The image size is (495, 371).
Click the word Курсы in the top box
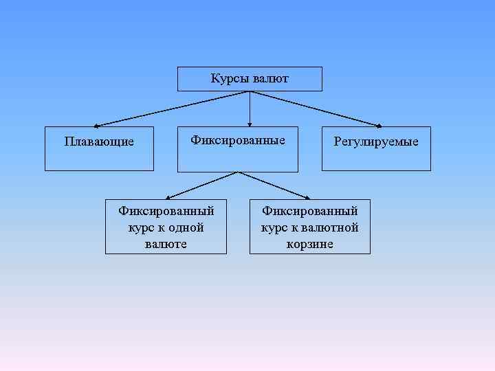pyautogui.click(x=230, y=79)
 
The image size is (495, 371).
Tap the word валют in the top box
pyautogui.click(x=270, y=79)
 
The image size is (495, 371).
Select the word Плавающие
pyautogui.click(x=99, y=142)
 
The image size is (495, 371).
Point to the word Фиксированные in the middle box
pyautogui.click(x=238, y=140)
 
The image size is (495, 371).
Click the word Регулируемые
pyautogui.click(x=376, y=142)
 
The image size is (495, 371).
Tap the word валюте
pyautogui.click(x=166, y=244)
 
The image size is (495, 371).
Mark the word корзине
pyautogui.click(x=310, y=244)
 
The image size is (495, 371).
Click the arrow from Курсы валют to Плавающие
pyautogui.click(x=172, y=109)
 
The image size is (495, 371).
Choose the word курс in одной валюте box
pyautogui.click(x=140, y=228)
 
